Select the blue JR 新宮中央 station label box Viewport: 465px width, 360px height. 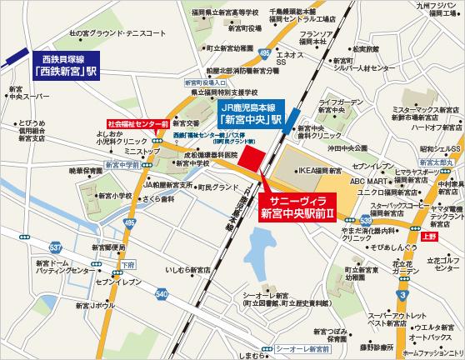pyautogui.click(x=249, y=112)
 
